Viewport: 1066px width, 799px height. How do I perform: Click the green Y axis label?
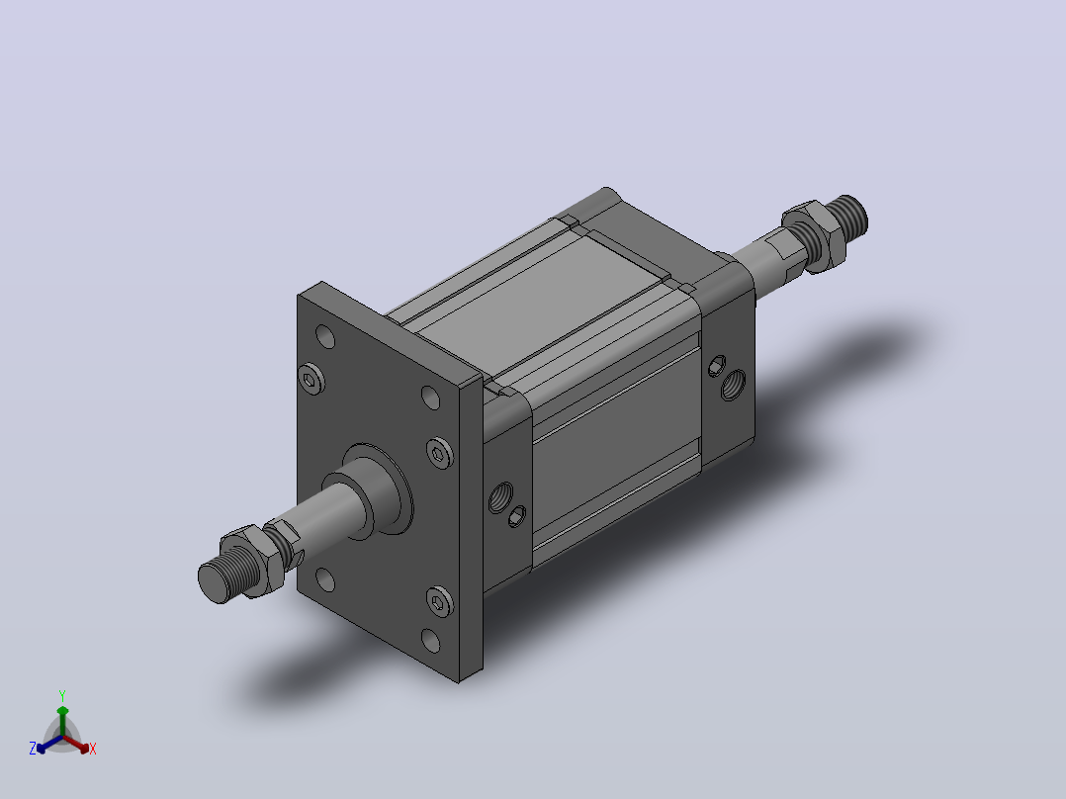tap(62, 695)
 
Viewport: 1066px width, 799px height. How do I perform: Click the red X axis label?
tap(93, 749)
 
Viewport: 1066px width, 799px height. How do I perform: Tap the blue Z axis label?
tap(32, 749)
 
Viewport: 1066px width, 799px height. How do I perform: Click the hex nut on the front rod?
tap(248, 560)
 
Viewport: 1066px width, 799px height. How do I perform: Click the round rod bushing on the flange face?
tap(378, 488)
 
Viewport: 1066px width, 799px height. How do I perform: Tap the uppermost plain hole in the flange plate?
tap(325, 336)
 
